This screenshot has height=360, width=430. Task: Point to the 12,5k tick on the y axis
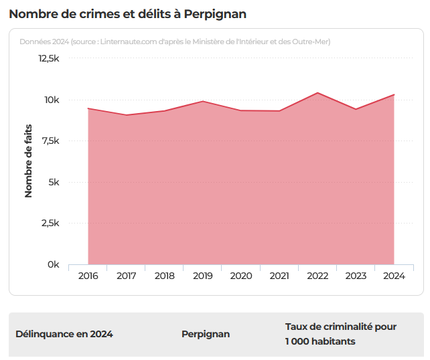pos(48,59)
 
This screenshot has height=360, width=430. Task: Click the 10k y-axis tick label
pos(52,100)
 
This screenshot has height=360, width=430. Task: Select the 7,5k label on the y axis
pos(50,141)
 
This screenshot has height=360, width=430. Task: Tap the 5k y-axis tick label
pos(54,182)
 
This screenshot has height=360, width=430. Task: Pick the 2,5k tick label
pos(50,223)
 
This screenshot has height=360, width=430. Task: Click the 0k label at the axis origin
pos(53,265)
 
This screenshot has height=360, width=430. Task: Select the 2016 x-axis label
pos(88,276)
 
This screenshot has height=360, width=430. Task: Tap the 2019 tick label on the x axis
pos(203,276)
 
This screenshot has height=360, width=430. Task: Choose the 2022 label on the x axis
pos(317,276)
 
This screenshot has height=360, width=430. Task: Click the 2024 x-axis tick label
pos(394,276)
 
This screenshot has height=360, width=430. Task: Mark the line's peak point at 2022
pos(317,93)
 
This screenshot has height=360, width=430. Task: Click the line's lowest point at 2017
pos(126,115)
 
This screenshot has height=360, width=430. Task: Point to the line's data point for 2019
pos(203,101)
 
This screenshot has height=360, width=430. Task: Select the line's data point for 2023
pos(356,109)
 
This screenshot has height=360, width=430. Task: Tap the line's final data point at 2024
pos(394,95)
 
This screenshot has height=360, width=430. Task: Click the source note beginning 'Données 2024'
pos(175,41)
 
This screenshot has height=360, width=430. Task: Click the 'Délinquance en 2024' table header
pos(64,334)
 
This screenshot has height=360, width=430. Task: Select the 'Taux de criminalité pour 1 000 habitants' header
pos(341,334)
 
